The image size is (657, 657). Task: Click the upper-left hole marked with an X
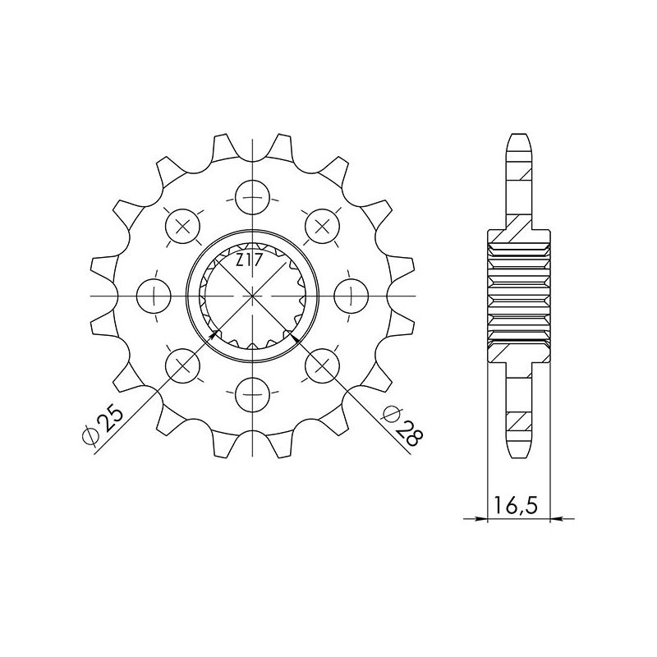pos(182,226)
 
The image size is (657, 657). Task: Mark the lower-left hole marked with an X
pos(182,364)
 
